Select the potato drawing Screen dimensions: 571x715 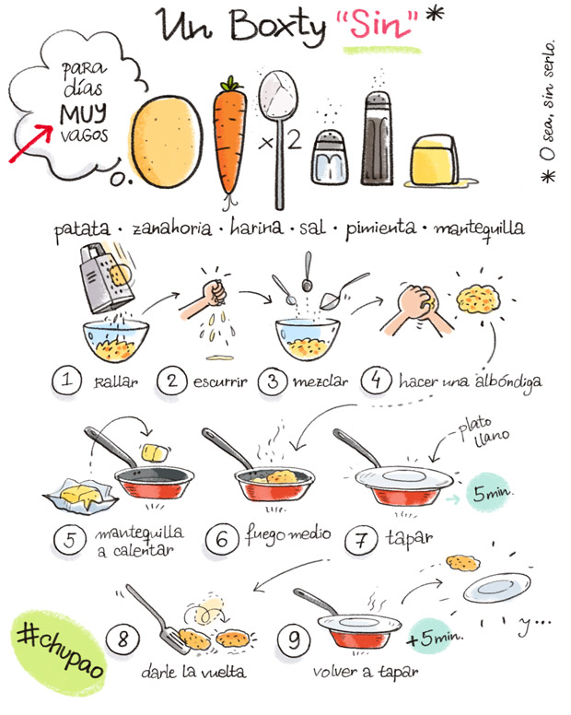click(x=167, y=141)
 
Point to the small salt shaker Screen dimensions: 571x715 click(x=330, y=158)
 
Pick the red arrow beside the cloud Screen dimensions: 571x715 click(x=30, y=143)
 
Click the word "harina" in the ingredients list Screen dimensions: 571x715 click(x=256, y=227)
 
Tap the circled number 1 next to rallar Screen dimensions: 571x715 click(x=67, y=380)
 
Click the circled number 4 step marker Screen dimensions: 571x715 click(x=376, y=380)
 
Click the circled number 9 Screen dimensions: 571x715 click(x=294, y=639)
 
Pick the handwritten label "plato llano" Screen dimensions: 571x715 click(x=484, y=431)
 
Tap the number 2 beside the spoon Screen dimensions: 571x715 click(x=295, y=139)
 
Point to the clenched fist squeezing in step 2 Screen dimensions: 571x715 click(x=215, y=292)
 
